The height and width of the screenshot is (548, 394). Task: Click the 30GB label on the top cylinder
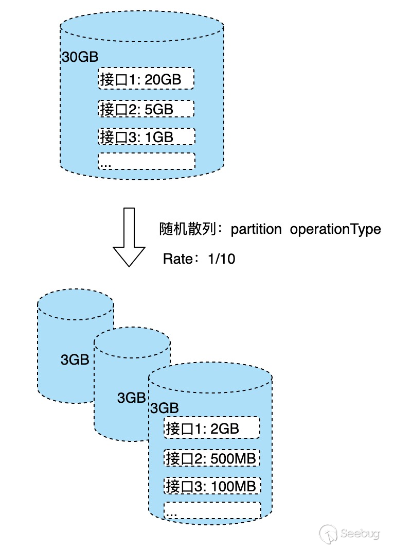(x=80, y=57)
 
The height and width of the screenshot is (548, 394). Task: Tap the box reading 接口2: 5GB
(x=146, y=109)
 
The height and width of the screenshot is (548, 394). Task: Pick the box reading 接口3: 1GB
(x=146, y=136)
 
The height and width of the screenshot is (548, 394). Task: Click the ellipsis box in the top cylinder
(x=146, y=161)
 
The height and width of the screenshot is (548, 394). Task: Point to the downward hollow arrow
(x=130, y=237)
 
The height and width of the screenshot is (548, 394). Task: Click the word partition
(x=256, y=229)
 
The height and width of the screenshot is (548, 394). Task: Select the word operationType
(x=335, y=229)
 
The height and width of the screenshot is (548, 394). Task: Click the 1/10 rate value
(x=221, y=259)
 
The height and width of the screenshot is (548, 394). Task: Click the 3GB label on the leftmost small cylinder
(x=75, y=360)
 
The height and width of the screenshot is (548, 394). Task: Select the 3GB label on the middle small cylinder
(x=132, y=398)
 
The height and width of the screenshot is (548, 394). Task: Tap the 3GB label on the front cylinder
(x=164, y=408)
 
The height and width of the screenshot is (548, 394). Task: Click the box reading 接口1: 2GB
(x=212, y=429)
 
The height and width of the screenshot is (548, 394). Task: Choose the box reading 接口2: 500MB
(x=212, y=457)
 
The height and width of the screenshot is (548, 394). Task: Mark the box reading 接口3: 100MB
(x=212, y=485)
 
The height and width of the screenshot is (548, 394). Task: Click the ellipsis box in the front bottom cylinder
(x=212, y=510)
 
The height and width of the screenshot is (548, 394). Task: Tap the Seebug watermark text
(x=360, y=532)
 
